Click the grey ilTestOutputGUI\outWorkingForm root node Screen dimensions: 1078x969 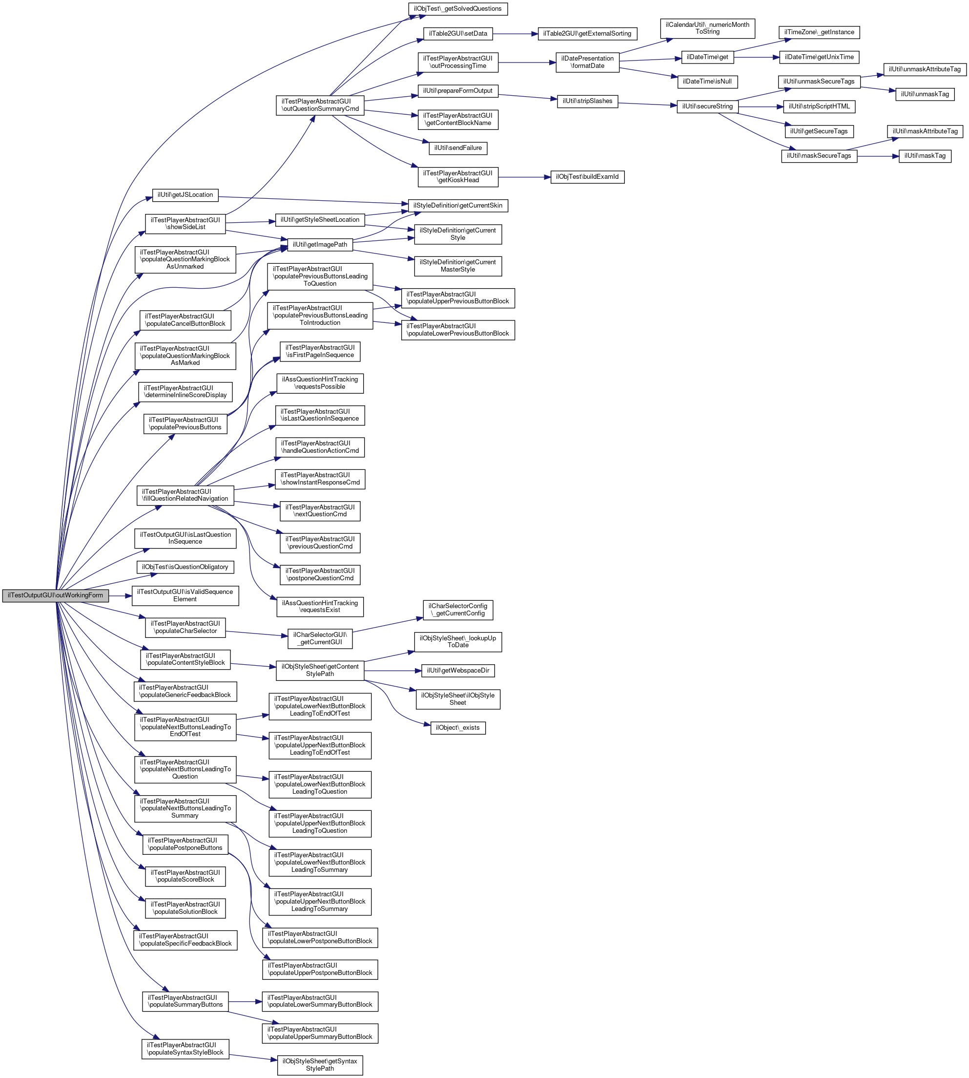pos(55,595)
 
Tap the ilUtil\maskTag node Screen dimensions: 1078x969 pos(925,156)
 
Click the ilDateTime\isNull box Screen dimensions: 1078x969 pos(707,82)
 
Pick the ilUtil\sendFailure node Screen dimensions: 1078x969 pos(458,148)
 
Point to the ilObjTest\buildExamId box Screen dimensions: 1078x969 pos(587,177)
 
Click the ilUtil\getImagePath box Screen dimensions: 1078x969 pos(320,245)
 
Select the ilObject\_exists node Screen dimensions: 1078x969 pos(457,728)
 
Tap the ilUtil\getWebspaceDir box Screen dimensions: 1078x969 pos(458,671)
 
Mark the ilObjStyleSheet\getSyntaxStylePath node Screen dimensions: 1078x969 pos(320,1065)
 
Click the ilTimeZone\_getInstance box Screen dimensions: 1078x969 pos(819,33)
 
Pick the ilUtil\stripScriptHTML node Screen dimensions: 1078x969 pos(819,106)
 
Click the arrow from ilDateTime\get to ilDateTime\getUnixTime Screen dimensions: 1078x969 pos(757,57)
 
